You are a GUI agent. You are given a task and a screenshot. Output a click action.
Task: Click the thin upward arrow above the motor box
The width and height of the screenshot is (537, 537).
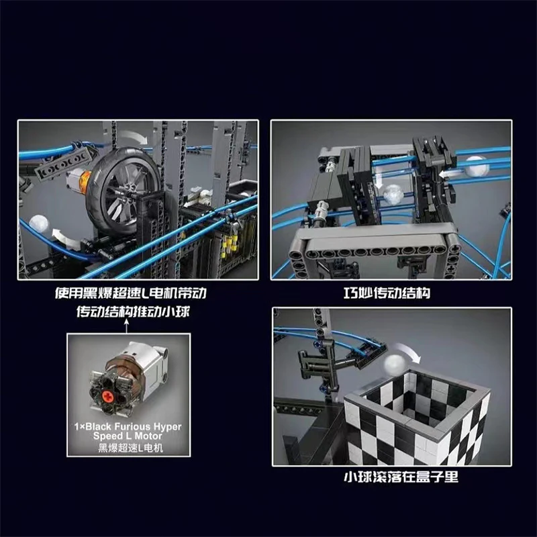[x=127, y=326]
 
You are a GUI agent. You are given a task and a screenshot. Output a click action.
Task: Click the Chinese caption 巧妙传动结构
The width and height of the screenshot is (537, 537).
[x=387, y=293]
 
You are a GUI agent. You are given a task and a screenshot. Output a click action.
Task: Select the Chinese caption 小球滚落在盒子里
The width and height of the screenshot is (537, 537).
[x=401, y=477]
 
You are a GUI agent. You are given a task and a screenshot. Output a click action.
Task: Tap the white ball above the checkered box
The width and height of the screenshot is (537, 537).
[x=395, y=365]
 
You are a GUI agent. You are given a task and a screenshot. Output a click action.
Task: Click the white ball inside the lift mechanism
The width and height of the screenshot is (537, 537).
[x=393, y=195]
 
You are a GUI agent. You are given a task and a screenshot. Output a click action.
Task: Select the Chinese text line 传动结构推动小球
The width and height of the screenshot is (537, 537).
[x=132, y=312]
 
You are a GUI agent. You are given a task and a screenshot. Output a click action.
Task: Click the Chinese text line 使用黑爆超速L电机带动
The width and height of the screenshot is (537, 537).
[x=131, y=293]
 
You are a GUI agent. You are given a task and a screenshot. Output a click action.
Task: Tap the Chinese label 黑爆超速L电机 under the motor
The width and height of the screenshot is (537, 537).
[x=130, y=447]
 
